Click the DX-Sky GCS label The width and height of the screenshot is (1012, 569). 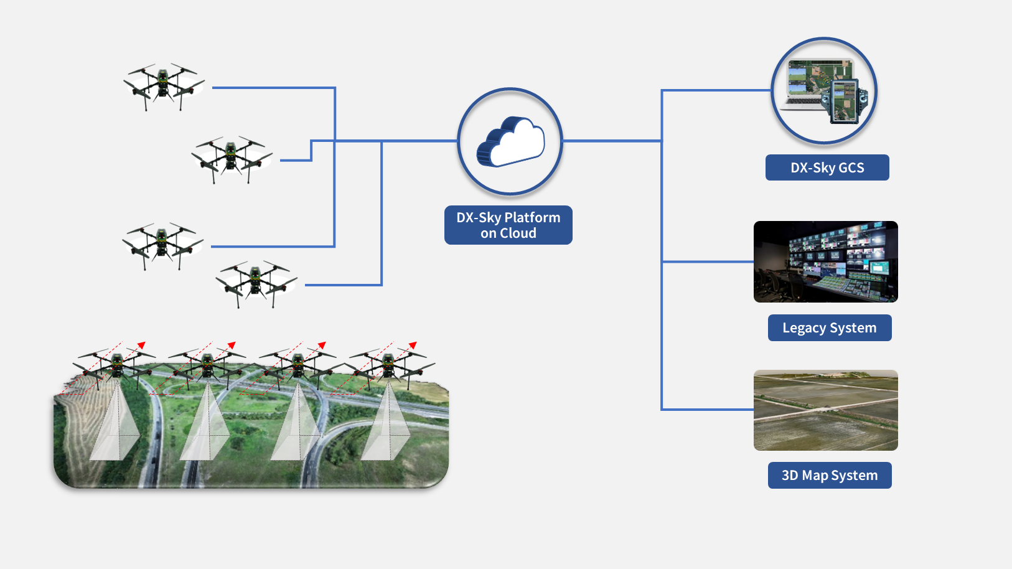tap(827, 167)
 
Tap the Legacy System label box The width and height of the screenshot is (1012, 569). tap(830, 328)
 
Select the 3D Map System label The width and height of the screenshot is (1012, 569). tap(830, 476)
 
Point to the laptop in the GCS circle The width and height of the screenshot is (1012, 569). tap(807, 84)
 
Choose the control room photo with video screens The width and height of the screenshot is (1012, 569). tap(826, 261)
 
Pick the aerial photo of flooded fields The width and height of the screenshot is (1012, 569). tap(826, 410)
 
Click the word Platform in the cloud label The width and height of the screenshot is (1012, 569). tap(532, 217)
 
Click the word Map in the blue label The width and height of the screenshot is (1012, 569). tap(815, 476)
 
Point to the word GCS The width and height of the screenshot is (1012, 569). tap(851, 167)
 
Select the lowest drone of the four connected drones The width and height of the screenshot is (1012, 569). tap(256, 283)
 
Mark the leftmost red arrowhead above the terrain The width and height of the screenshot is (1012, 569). tap(142, 345)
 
